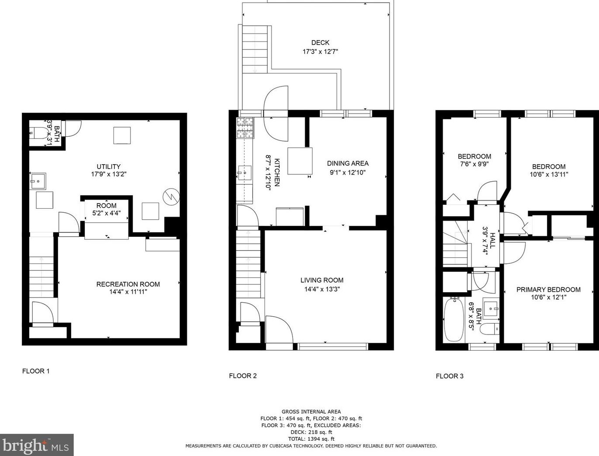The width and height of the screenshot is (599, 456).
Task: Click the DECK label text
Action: coord(320,42)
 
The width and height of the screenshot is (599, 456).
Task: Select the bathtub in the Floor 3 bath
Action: coord(454,319)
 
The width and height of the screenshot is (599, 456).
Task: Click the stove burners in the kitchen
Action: coord(245,128)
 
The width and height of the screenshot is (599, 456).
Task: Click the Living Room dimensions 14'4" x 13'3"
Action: coord(322,289)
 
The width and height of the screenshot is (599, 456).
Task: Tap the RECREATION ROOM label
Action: coord(128,284)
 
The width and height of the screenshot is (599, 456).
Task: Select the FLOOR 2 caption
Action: coord(243,376)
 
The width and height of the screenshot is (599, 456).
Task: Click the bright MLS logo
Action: coord(37,445)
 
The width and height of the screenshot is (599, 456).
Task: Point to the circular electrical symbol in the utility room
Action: coord(171,197)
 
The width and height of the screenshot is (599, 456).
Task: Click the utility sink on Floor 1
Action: coord(38,181)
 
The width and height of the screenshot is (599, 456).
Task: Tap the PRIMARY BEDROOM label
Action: coord(548,289)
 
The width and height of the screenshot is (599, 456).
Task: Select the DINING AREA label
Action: coord(348,163)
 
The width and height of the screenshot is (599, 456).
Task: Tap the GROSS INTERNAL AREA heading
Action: coord(311,411)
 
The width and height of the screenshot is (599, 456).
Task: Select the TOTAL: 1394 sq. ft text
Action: coord(311,439)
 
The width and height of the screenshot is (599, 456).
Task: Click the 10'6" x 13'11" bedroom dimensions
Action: coord(549,174)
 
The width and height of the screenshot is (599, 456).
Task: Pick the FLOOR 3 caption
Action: coord(450,376)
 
